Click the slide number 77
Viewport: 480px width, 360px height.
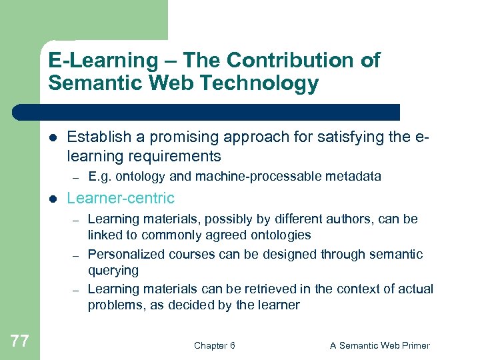[20, 341]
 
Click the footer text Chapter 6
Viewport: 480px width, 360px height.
[214, 345]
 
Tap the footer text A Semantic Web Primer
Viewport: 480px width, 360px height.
[380, 345]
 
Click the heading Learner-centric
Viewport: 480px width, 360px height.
[121, 198]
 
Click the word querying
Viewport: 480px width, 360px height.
[113, 271]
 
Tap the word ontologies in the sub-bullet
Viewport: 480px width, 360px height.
[279, 235]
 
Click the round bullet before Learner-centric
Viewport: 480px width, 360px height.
[53, 199]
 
